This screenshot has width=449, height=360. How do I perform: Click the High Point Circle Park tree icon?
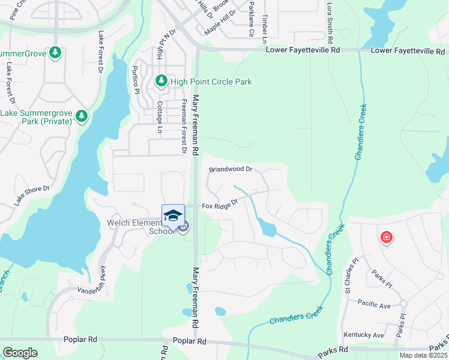(161, 81)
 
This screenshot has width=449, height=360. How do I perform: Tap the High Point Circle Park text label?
(211, 82)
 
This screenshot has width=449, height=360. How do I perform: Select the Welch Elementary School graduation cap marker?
(173, 215)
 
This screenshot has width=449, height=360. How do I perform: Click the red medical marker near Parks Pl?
(387, 238)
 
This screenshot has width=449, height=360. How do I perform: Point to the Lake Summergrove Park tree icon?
(82, 115)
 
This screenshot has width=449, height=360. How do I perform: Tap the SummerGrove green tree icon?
(55, 53)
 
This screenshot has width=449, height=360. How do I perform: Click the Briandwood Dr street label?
(231, 170)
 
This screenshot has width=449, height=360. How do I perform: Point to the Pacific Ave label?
(373, 305)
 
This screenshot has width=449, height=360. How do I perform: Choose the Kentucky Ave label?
(364, 335)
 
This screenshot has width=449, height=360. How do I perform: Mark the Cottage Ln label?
(160, 117)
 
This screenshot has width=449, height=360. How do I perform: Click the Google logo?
(20, 352)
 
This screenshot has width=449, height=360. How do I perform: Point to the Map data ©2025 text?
(423, 355)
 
